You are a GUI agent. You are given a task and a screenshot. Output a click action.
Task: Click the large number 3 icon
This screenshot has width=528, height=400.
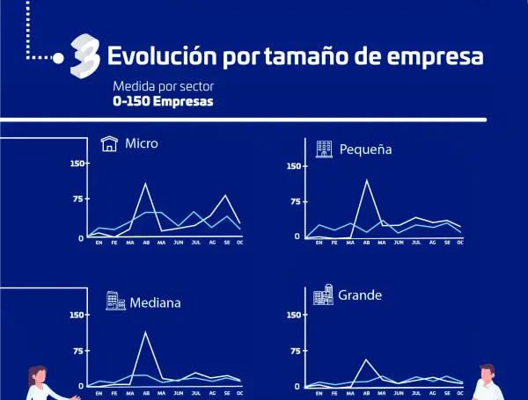(x=84, y=55)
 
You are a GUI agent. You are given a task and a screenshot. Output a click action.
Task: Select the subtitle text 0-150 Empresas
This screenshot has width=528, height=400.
(x=163, y=101)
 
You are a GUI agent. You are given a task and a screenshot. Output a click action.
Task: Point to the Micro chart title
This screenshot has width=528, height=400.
(x=142, y=143)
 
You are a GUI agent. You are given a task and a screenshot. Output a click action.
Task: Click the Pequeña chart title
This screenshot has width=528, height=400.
(x=365, y=149)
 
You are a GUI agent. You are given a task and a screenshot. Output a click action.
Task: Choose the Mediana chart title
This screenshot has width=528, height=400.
(x=155, y=302)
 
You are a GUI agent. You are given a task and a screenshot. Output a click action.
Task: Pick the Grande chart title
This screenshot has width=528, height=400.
(x=360, y=295)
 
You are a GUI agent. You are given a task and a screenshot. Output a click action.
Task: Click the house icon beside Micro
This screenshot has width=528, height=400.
(x=109, y=143)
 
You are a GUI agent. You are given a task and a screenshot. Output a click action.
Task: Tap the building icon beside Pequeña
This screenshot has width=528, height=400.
(x=325, y=149)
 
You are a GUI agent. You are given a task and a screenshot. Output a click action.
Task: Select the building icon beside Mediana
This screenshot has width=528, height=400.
(x=115, y=301)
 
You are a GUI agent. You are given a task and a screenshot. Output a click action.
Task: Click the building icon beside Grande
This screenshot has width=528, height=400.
(x=323, y=294)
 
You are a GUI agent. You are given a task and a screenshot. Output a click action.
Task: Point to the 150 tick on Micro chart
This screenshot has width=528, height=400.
(x=77, y=164)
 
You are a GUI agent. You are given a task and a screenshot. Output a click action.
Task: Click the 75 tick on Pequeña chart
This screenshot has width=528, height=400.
(x=295, y=201)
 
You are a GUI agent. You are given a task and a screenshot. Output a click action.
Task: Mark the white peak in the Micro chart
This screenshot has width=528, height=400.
(x=146, y=184)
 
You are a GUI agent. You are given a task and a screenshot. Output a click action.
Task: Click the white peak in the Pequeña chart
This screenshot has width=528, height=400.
(x=367, y=180)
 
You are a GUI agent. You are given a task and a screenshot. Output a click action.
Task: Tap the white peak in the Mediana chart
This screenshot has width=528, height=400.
(x=145, y=331)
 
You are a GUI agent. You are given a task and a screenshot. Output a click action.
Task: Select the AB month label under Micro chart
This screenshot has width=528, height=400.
(x=146, y=244)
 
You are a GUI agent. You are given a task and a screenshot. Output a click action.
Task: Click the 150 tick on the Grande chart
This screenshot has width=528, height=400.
(x=296, y=314)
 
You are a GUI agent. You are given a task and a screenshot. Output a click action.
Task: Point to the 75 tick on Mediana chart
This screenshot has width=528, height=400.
(x=78, y=351)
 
